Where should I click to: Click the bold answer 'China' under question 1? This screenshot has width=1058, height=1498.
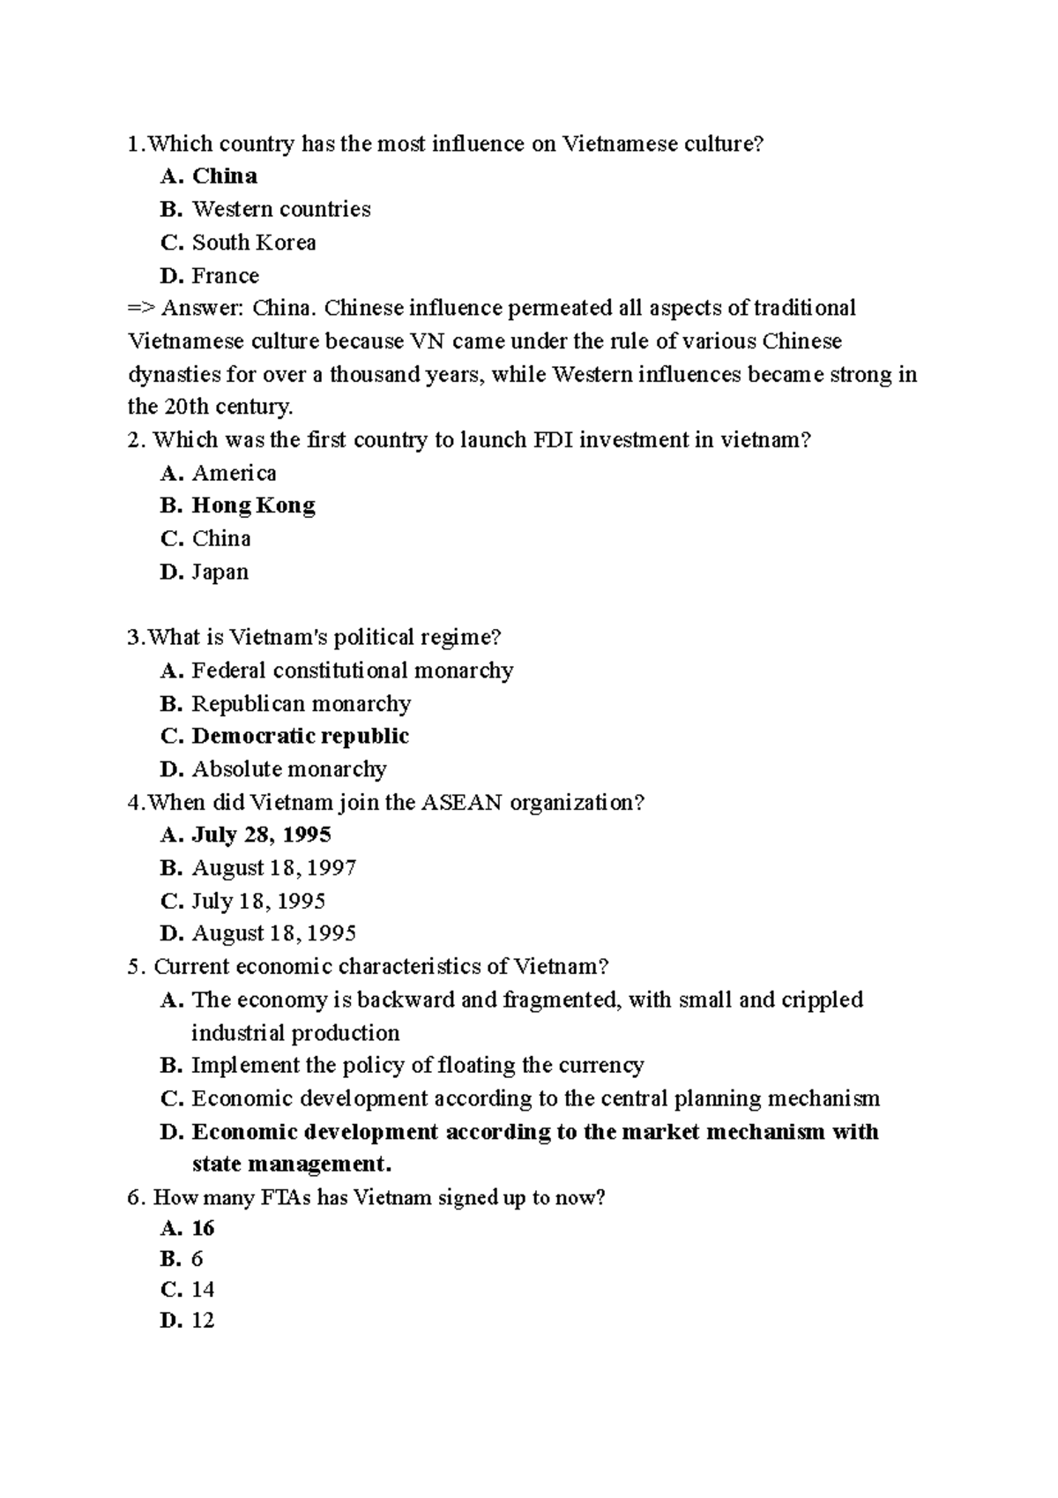tap(225, 176)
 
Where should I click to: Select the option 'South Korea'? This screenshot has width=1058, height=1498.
tap(254, 243)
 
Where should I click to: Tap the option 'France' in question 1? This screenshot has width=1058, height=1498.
tap(226, 276)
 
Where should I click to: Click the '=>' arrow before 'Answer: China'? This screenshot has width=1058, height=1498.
tap(141, 309)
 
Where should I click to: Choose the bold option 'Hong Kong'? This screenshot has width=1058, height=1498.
tap(253, 506)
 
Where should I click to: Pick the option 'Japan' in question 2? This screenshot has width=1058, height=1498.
tap(220, 573)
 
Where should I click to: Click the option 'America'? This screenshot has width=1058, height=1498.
tap(234, 474)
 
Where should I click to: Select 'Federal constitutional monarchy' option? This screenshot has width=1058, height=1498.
tap(352, 671)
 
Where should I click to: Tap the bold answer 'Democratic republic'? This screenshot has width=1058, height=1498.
tap(300, 737)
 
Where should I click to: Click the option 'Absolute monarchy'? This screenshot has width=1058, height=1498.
tap(289, 769)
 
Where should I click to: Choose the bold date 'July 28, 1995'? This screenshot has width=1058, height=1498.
tap(261, 835)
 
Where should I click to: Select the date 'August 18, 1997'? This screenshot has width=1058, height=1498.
tap(274, 868)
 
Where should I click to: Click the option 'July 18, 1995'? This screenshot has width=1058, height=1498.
tap(258, 902)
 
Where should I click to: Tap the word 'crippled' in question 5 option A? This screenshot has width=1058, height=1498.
tap(823, 1000)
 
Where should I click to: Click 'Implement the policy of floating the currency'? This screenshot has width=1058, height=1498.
tap(417, 1066)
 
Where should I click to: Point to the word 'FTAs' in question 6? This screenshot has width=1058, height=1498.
tap(285, 1198)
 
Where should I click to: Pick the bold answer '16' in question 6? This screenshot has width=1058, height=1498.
tap(203, 1229)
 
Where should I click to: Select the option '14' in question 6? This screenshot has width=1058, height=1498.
tap(203, 1290)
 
